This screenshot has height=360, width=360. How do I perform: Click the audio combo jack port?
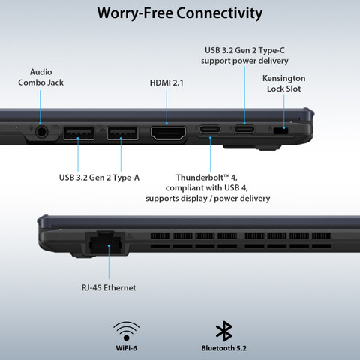click(41, 132)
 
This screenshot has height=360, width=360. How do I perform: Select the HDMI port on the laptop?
click(168, 133)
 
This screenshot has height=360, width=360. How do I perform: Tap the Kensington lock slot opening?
click(281, 130)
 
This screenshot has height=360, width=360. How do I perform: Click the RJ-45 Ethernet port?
click(105, 242)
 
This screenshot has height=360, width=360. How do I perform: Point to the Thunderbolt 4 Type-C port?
click(210, 130)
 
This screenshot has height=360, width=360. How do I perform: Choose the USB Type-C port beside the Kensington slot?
click(244, 130)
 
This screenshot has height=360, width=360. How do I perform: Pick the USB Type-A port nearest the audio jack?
click(79, 133)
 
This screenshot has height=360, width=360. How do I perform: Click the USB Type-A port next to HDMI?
click(122, 133)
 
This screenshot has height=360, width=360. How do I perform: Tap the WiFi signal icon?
click(126, 331)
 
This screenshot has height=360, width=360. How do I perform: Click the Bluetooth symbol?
click(224, 331)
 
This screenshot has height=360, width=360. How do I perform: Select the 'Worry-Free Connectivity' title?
click(180, 13)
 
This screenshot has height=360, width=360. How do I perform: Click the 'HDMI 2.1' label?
click(166, 82)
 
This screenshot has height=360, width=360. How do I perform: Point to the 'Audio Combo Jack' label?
click(40, 77)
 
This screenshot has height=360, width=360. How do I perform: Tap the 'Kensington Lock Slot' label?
click(283, 83)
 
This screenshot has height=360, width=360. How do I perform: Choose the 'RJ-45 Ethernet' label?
click(109, 287)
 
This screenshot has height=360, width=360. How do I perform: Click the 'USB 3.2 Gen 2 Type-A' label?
click(99, 178)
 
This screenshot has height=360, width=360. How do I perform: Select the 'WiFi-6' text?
click(126, 348)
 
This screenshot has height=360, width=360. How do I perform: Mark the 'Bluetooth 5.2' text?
click(224, 348)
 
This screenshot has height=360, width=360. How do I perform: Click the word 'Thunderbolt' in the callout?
click(199, 178)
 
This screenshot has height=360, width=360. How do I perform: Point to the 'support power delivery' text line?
click(244, 61)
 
